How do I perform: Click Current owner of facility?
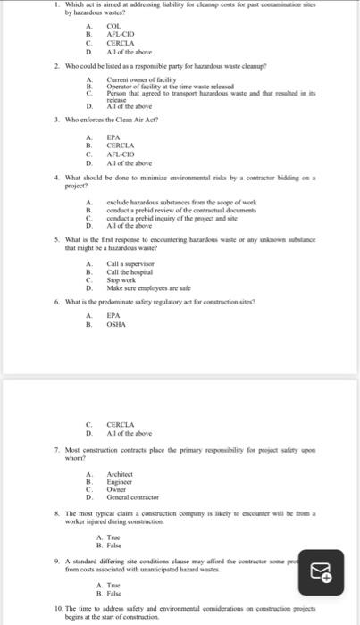[x=138, y=79]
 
